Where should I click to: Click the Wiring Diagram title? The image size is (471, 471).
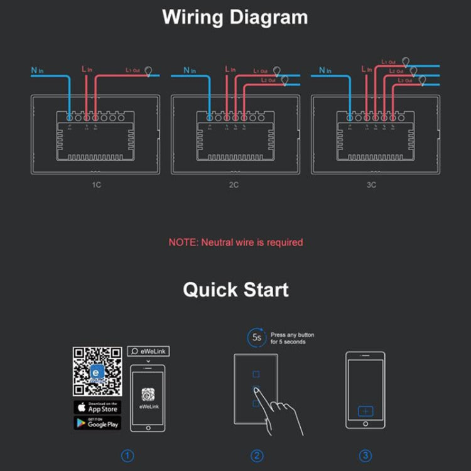(235, 17)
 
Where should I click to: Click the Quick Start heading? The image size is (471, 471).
(235, 290)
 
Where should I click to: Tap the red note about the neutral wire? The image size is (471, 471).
(235, 242)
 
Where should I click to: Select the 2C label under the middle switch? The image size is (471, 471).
(233, 186)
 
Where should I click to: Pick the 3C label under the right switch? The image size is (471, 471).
(372, 186)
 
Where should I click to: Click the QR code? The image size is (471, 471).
(97, 371)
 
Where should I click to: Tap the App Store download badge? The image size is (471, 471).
(97, 407)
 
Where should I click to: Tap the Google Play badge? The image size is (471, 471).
(97, 423)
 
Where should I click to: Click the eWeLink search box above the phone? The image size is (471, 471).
(149, 351)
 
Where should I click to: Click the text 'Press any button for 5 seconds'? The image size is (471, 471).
(293, 338)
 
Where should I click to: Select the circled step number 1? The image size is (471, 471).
(128, 456)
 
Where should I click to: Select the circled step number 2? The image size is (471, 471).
(256, 456)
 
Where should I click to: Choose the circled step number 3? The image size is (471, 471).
(365, 456)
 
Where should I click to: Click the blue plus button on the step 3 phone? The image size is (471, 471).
(365, 411)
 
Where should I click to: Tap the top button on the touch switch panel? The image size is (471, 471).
(256, 376)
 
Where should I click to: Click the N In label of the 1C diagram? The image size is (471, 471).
(37, 70)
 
